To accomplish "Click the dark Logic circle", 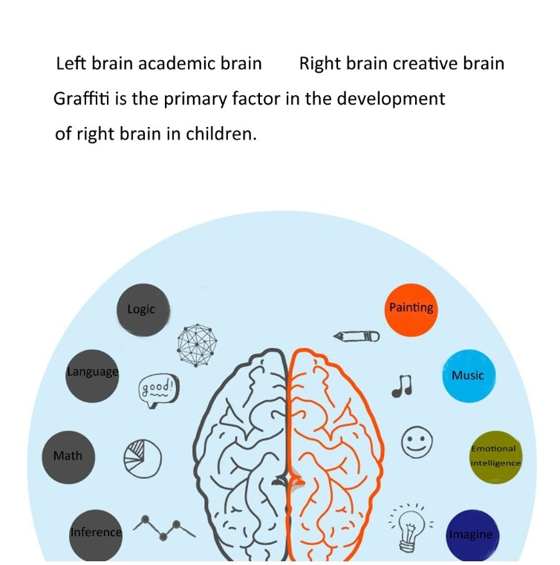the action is (x=143, y=310).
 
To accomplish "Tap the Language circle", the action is (x=92, y=376).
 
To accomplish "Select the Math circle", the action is (x=68, y=457).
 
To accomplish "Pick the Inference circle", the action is (x=96, y=536).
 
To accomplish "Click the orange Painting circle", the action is (x=411, y=310).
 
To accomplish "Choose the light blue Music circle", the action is (x=469, y=376).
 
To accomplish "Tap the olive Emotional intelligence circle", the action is (x=495, y=457).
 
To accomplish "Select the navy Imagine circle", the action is (x=472, y=536).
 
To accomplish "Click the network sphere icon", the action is (x=197, y=345).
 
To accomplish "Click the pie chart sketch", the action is (x=143, y=458).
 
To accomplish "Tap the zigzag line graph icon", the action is (x=164, y=528).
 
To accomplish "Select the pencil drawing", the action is (x=356, y=336).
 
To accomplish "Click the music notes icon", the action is (x=402, y=386).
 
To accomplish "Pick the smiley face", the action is (x=417, y=442).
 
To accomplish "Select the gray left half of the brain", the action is (x=241, y=455).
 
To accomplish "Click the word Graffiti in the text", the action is (x=81, y=98).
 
